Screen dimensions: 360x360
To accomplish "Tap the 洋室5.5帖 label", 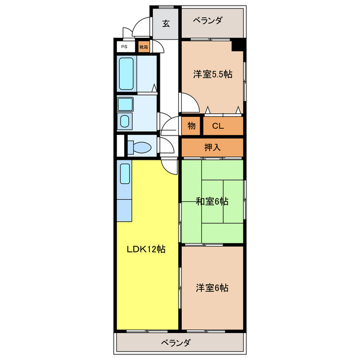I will pyautogui.click(x=213, y=74).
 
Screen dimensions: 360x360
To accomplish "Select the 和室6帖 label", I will pyautogui.click(x=212, y=201).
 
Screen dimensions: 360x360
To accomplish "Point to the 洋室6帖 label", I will pyautogui.click(x=212, y=287).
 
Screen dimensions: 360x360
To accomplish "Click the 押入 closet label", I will pyautogui.click(x=211, y=147).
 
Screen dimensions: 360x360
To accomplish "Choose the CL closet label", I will pyautogui.click(x=218, y=126).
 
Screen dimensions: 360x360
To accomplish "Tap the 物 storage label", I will pyautogui.click(x=191, y=126).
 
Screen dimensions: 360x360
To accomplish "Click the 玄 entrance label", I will pyautogui.click(x=166, y=23).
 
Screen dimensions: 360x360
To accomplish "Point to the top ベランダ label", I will pyautogui.click(x=207, y=21).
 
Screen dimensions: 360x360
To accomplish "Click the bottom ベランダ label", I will pyautogui.click(x=175, y=343).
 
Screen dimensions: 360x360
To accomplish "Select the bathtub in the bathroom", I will pyautogui.click(x=127, y=73).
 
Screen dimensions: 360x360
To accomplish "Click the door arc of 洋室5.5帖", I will pyautogui.click(x=188, y=102).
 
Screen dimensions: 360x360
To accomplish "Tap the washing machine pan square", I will pyautogui.click(x=124, y=104).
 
